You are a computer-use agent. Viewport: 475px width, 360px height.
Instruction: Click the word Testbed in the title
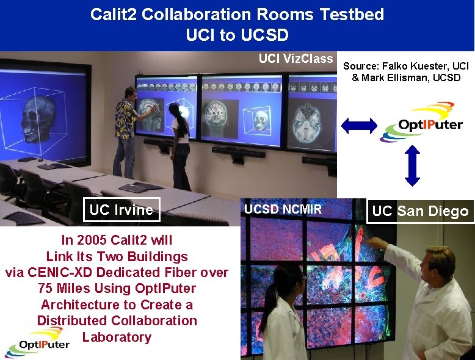coord(352,15)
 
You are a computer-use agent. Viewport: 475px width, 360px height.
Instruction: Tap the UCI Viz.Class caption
coord(296,59)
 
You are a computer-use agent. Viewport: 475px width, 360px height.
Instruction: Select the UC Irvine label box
coord(121,210)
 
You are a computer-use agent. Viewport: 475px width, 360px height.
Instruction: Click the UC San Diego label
coord(420,211)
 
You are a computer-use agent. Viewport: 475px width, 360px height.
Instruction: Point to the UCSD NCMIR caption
coord(283,210)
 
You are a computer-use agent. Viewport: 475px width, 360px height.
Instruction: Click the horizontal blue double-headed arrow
coord(360,126)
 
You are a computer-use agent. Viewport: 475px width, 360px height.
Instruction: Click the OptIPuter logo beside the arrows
coord(420,123)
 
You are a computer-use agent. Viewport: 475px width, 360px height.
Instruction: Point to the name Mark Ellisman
coord(390,77)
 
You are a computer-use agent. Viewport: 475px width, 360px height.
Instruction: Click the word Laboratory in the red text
coord(117,337)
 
